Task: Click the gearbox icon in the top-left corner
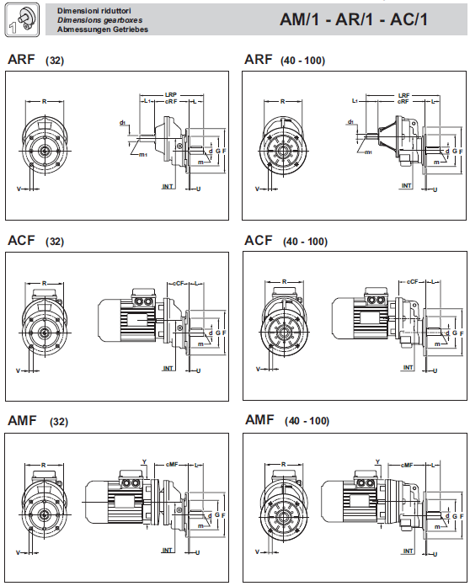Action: [x=22, y=20]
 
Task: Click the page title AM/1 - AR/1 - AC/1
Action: [x=353, y=19]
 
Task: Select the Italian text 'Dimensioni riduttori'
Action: [x=93, y=11]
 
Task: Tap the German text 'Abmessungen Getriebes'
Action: [x=103, y=29]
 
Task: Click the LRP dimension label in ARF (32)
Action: [x=171, y=95]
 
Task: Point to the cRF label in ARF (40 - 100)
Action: [x=403, y=101]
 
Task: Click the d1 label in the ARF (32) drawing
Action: [x=122, y=122]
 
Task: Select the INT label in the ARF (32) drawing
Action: [x=168, y=186]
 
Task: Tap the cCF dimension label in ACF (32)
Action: [x=179, y=283]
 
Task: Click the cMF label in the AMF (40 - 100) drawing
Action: [x=407, y=465]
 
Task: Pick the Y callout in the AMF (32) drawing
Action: [x=144, y=462]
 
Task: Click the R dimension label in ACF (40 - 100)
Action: [x=284, y=282]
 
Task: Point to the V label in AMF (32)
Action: [x=18, y=552]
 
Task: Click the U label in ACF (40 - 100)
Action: [x=435, y=370]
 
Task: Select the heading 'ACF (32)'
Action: [x=36, y=241]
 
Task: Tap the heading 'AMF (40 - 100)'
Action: [x=287, y=420]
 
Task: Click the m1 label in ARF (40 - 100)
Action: [x=368, y=152]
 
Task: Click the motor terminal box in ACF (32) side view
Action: [x=143, y=297]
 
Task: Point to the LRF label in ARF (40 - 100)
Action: [x=403, y=96]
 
